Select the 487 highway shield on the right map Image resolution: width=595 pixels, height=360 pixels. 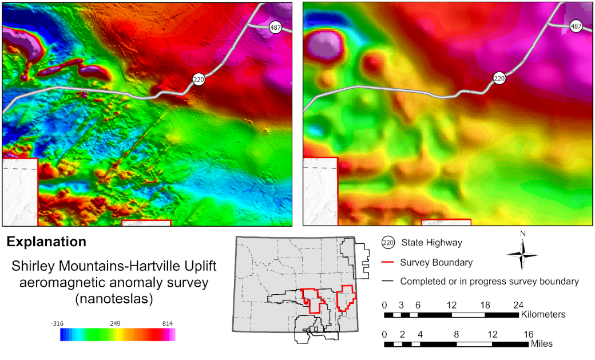[576, 27]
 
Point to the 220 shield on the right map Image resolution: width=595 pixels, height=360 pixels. [499, 79]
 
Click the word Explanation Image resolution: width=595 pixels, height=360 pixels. [46, 242]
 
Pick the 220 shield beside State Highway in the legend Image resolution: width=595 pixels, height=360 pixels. [388, 243]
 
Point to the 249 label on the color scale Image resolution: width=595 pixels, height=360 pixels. [116, 323]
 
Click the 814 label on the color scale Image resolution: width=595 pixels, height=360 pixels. [168, 323]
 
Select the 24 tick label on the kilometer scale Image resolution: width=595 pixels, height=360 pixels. [518, 304]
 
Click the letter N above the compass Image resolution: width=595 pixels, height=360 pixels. [522, 234]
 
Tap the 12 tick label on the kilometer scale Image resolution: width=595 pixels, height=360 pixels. [452, 304]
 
